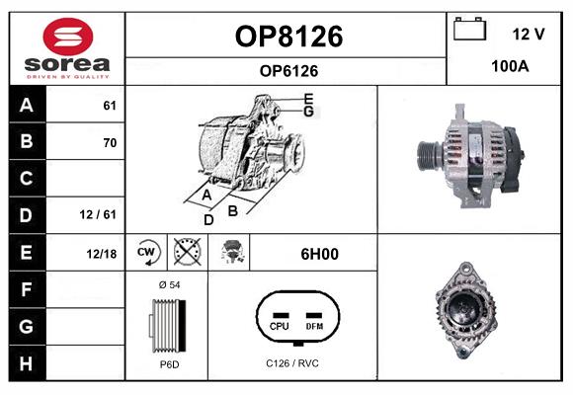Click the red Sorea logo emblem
(x=68, y=37)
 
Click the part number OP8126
(x=288, y=37)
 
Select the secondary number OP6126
(x=288, y=71)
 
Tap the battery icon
(x=470, y=29)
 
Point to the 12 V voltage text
(x=529, y=34)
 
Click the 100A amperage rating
(x=510, y=66)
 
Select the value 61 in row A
(x=110, y=106)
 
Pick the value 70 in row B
(x=110, y=142)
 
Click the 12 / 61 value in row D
(x=98, y=214)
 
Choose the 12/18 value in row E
(x=101, y=254)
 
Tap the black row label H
(x=27, y=363)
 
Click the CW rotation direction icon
(x=146, y=252)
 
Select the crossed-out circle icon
(x=187, y=252)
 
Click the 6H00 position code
(x=319, y=254)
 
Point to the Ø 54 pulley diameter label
(x=170, y=284)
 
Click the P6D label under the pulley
(x=170, y=364)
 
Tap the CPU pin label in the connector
(x=280, y=326)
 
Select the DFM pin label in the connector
(x=314, y=326)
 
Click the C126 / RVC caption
(x=292, y=363)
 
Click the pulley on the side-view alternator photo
(x=431, y=156)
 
